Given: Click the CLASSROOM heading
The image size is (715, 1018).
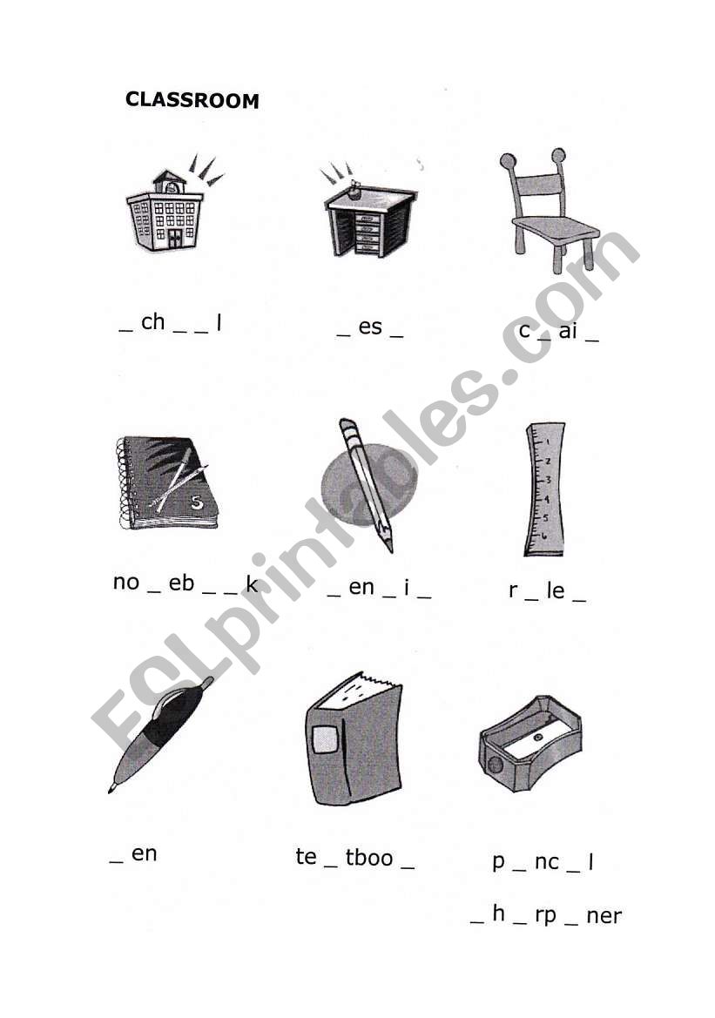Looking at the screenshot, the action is click(x=192, y=100).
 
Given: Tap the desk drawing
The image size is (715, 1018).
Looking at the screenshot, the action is click(x=369, y=213).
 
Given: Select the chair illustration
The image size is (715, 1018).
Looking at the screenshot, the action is click(x=549, y=211).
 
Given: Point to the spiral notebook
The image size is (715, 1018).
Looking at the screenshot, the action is click(x=167, y=482).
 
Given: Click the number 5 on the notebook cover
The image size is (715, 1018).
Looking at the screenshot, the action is click(x=197, y=502).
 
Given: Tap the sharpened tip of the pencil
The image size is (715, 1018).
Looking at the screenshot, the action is click(x=391, y=549).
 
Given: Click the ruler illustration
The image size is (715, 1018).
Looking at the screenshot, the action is click(x=545, y=489).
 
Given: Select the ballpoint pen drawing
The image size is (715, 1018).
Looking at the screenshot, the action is click(x=161, y=734).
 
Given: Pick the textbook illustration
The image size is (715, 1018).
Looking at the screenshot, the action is click(x=354, y=738).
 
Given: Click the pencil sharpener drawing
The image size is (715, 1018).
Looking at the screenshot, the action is click(x=530, y=744).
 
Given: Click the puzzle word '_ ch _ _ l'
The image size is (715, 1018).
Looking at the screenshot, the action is click(x=171, y=323).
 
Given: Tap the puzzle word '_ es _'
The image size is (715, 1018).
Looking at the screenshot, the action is click(x=370, y=327).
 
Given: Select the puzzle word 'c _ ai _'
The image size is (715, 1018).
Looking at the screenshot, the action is click(x=558, y=331).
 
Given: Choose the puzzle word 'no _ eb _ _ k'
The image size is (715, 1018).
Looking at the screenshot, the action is click(x=185, y=583).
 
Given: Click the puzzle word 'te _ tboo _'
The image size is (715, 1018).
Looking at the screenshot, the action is click(x=354, y=858).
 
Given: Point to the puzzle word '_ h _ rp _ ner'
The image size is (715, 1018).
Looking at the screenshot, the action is click(x=546, y=914).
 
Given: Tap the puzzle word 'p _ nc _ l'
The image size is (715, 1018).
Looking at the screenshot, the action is click(x=543, y=861).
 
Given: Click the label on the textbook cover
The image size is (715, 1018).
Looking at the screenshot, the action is click(x=326, y=739).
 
